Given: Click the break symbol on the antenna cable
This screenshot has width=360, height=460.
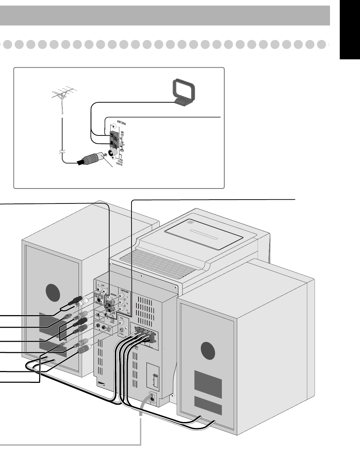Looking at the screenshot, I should tap(61, 153).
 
